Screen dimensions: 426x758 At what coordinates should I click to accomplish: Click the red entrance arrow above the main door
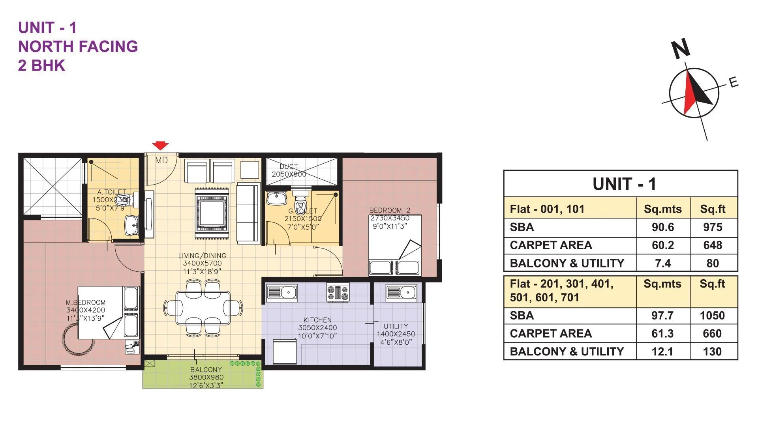(160, 146)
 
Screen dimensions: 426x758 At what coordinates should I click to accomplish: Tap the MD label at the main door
(161, 161)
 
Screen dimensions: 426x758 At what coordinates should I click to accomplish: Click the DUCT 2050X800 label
(289, 170)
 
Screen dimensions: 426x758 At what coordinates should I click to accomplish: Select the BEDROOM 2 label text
(390, 211)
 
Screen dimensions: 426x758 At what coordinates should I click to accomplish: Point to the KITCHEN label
(317, 320)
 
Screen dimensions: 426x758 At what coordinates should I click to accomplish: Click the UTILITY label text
(396, 327)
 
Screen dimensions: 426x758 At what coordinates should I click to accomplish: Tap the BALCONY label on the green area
(206, 370)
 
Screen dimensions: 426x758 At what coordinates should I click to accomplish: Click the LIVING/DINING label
(202, 256)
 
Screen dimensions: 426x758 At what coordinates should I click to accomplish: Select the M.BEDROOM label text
(86, 303)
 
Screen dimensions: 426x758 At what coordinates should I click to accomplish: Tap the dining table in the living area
(203, 308)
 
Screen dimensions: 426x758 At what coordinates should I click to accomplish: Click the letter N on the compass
(681, 49)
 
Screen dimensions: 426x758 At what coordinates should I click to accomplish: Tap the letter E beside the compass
(733, 82)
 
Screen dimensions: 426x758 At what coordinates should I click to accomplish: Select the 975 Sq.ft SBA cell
(712, 227)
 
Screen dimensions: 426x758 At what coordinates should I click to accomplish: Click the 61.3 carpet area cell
(662, 334)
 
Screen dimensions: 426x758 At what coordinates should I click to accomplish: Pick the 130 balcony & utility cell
(712, 351)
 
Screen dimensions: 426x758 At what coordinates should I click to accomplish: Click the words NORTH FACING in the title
(78, 47)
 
